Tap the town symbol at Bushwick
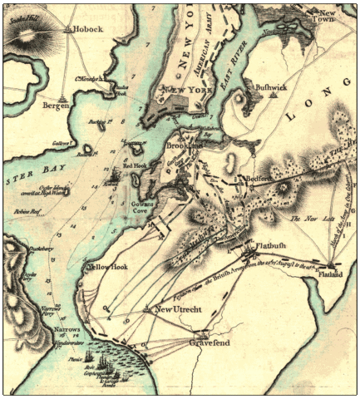point(273,95)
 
